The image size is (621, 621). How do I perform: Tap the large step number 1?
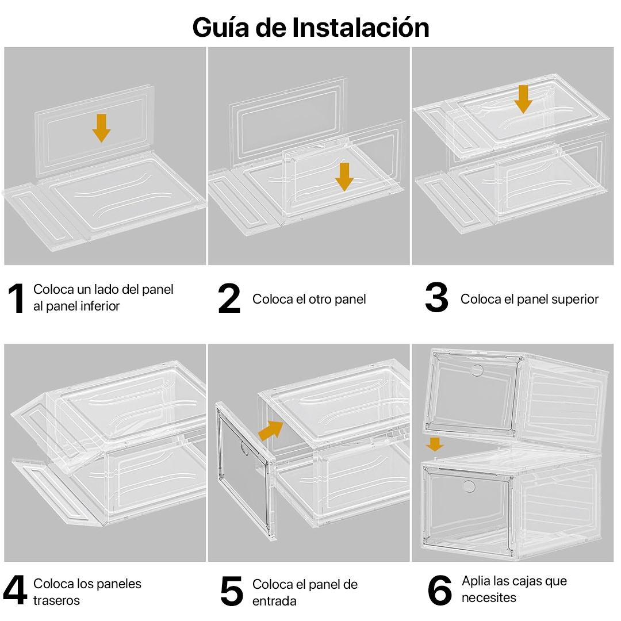[16, 298]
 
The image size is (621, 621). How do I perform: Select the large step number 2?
[229, 298]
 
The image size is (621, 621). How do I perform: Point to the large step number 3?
[436, 298]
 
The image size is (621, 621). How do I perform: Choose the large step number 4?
[15, 592]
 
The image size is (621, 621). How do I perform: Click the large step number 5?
[232, 592]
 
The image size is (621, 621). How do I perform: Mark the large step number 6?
[440, 592]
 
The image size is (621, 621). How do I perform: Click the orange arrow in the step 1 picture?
[101, 128]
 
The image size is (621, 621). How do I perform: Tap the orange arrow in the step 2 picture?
[344, 176]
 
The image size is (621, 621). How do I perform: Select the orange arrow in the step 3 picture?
[523, 98]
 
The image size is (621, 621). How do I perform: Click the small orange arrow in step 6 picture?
[435, 443]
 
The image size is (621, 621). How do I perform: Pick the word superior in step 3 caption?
[575, 300]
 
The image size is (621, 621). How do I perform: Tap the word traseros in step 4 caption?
[56, 601]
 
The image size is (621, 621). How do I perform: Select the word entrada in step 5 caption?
[274, 601]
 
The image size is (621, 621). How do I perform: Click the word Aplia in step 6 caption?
[476, 581]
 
